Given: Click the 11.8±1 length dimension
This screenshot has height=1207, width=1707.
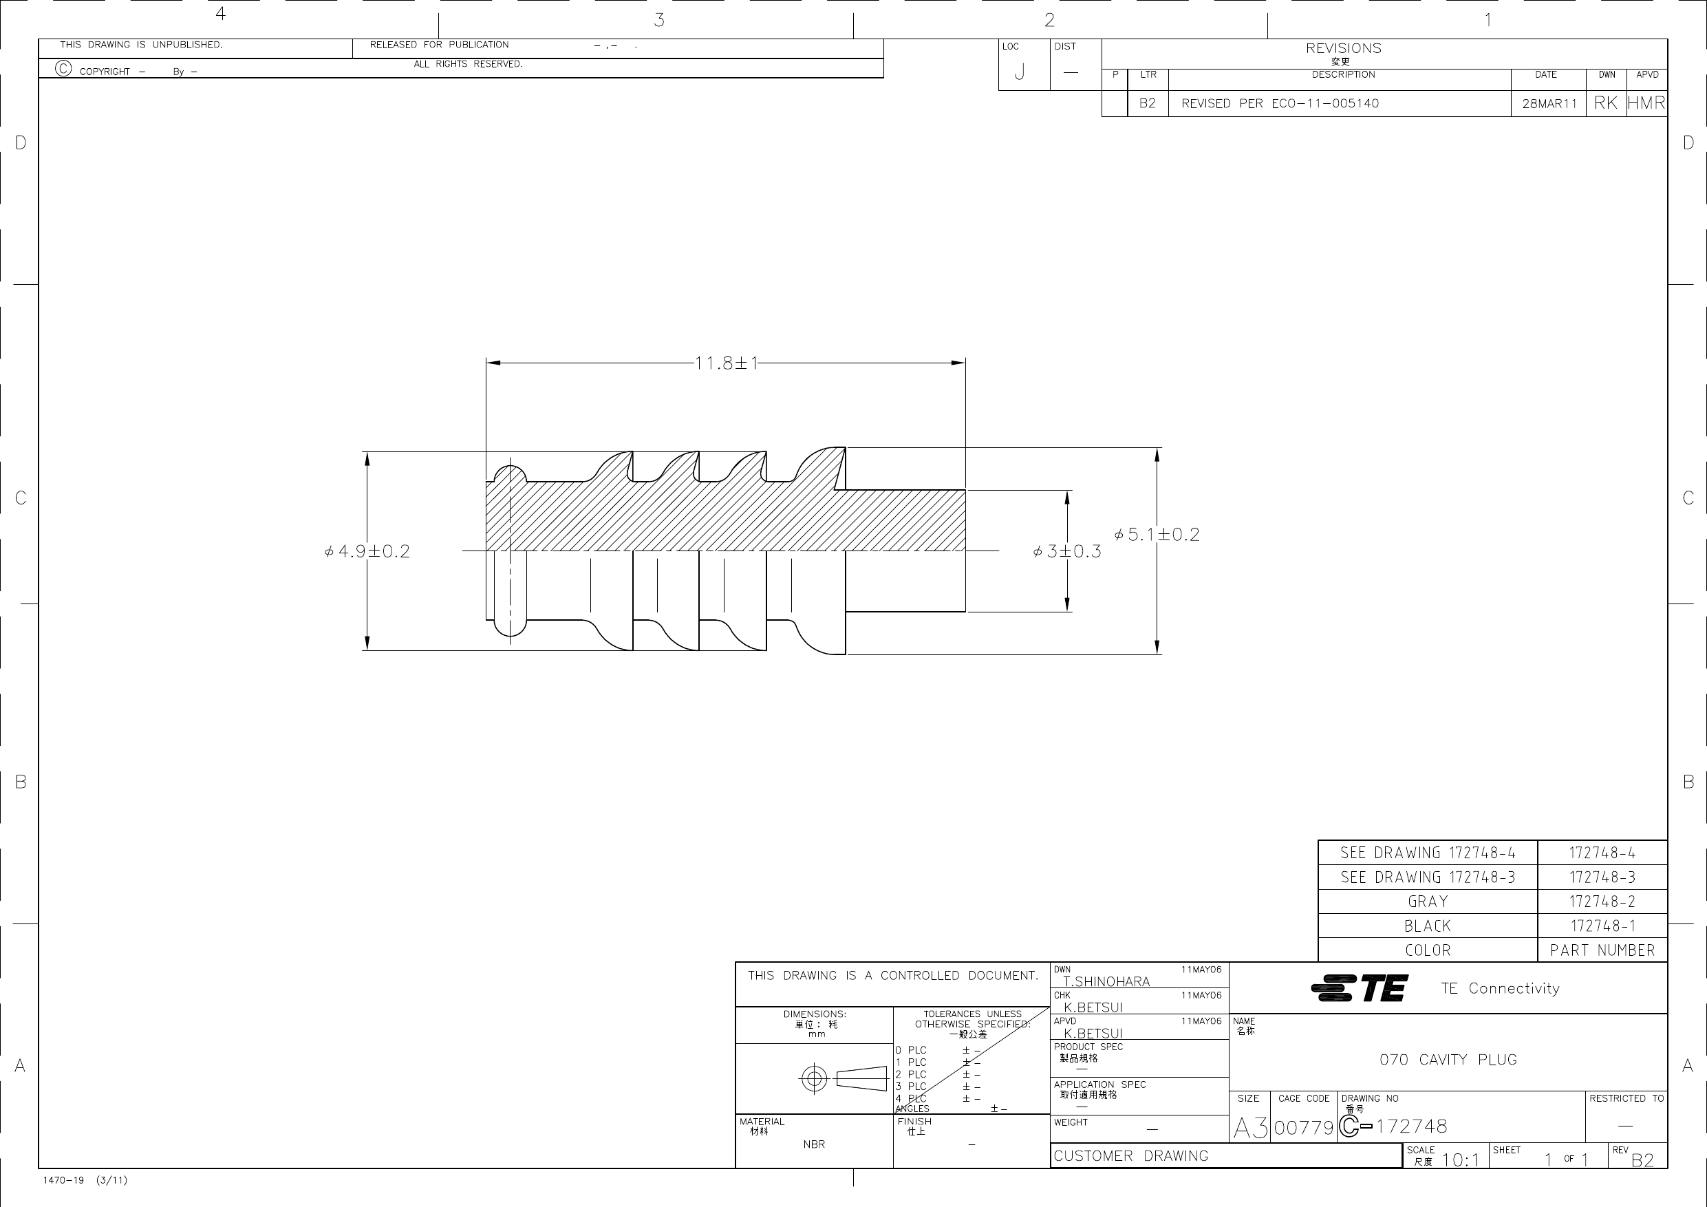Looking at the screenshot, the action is pyautogui.click(x=726, y=363).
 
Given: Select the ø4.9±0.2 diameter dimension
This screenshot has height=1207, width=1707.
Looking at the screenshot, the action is pyautogui.click(x=367, y=551).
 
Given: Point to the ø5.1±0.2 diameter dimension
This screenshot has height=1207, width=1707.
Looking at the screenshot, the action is pyautogui.click(x=1157, y=535).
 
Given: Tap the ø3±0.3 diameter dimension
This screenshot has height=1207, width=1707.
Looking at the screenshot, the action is pyautogui.click(x=1067, y=552).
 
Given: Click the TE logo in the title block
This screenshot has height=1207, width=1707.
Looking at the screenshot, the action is pyautogui.click(x=1359, y=988).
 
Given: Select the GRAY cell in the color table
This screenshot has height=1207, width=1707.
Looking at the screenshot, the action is pyautogui.click(x=1428, y=901).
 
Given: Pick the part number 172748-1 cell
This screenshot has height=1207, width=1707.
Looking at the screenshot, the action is pyautogui.click(x=1602, y=926).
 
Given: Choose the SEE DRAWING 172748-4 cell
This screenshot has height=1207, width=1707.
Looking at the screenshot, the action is pyautogui.click(x=1428, y=853).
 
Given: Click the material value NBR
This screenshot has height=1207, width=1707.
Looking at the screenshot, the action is pyautogui.click(x=814, y=1144).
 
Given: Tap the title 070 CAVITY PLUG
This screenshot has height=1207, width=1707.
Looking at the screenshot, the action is pyautogui.click(x=1448, y=1060).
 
